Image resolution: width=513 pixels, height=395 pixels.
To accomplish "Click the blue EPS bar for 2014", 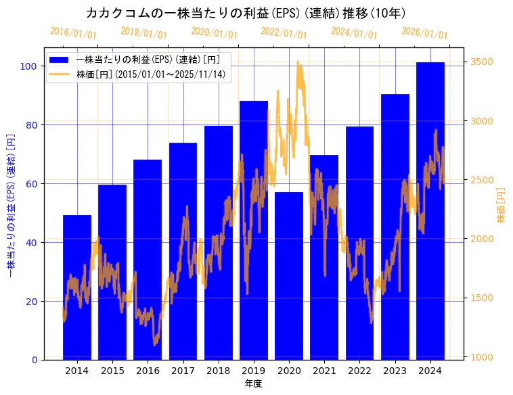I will [x=77, y=287].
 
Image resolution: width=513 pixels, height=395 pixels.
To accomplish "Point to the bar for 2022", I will [x=359, y=243].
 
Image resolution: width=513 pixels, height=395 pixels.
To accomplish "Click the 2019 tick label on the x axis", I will [x=254, y=371].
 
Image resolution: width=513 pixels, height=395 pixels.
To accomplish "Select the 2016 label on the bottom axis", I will [x=148, y=371].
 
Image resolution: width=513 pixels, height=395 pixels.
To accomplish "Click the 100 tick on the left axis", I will [x=28, y=66].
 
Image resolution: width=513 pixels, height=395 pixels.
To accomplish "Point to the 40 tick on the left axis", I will [x=31, y=242].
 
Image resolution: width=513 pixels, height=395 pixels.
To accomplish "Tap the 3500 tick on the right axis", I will [x=481, y=62].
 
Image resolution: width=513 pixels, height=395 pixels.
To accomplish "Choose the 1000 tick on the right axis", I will [x=481, y=357].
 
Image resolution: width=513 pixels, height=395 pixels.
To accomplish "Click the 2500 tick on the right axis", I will [x=481, y=180].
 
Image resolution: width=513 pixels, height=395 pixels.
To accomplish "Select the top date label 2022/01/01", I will [x=284, y=33].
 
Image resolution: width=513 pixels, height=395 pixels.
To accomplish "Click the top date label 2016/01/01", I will [x=73, y=33].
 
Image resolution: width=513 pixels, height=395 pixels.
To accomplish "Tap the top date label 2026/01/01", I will [x=424, y=33].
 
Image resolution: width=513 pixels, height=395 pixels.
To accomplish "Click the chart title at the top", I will [x=246, y=13].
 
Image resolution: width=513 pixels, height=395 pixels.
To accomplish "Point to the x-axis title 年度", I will [x=253, y=384].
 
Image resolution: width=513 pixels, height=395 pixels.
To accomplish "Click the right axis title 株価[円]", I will [x=501, y=205].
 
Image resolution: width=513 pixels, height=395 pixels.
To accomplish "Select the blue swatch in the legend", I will [x=60, y=60].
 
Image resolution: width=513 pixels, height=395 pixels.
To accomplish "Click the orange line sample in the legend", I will [x=60, y=74].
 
